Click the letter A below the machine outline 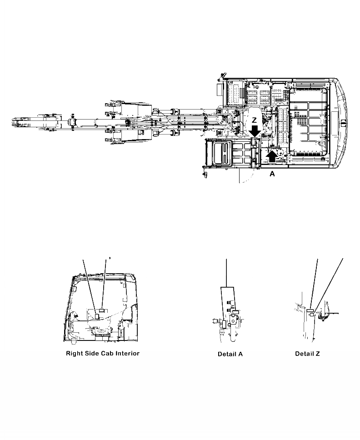tap(272, 173)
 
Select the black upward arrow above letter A tap(272, 156)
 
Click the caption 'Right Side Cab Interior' tap(103, 353)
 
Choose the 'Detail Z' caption tap(307, 354)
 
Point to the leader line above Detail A tap(226, 273)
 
